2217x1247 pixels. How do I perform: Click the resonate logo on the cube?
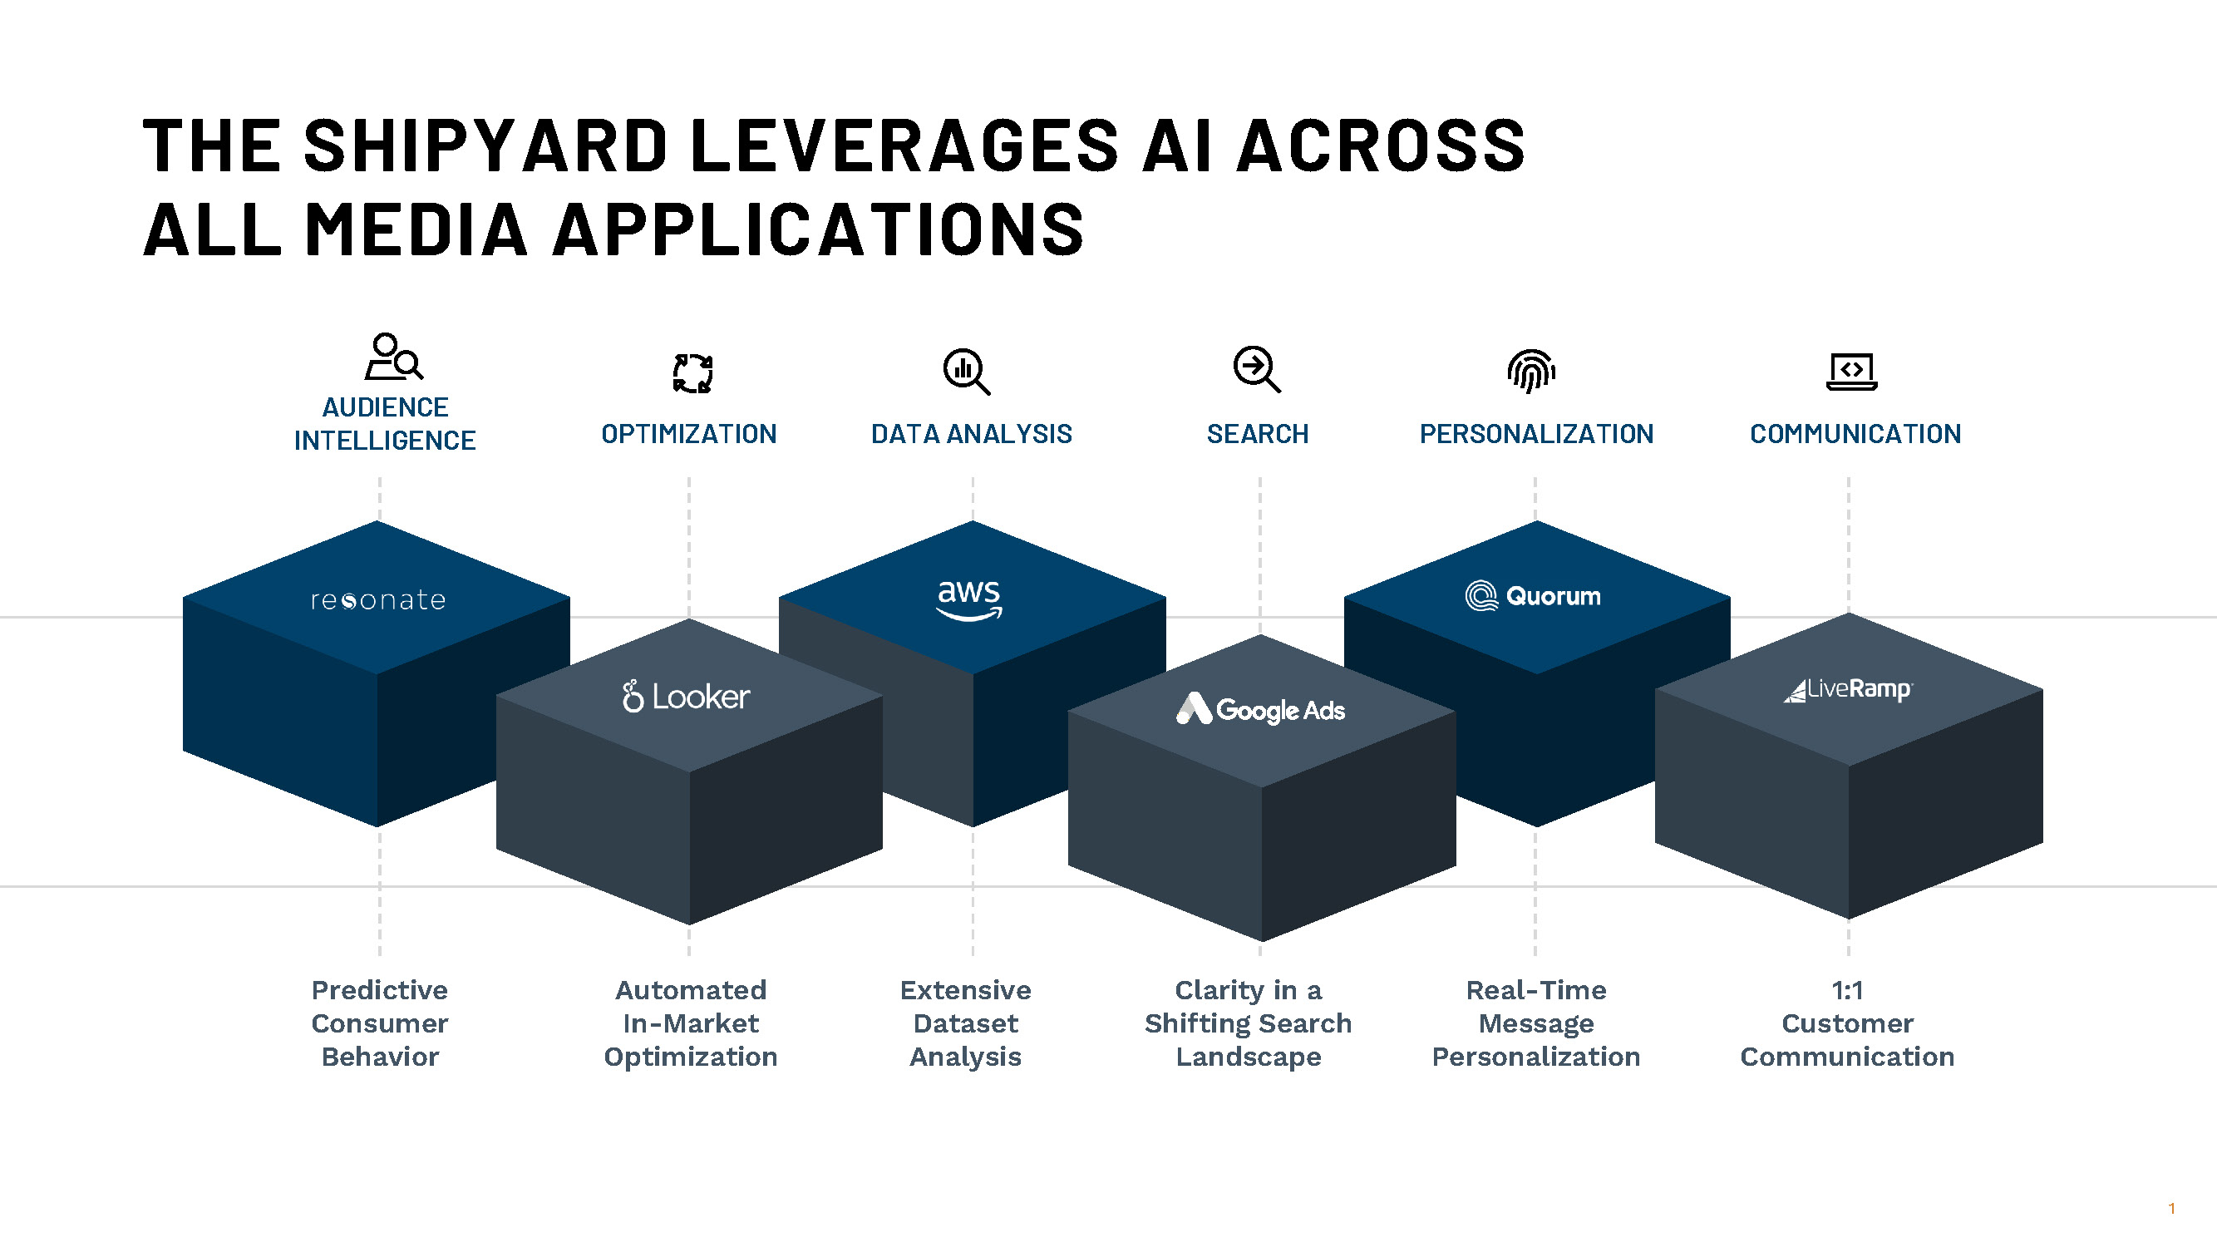click(378, 600)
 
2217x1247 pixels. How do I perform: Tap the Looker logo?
click(686, 696)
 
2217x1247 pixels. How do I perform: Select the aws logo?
click(970, 598)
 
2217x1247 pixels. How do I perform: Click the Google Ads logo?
click(1260, 709)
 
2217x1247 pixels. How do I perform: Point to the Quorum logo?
click(1533, 595)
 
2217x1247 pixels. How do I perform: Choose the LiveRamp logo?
click(1848, 689)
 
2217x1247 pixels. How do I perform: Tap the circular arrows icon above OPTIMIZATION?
click(692, 373)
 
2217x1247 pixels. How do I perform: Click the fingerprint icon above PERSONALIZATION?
click(1531, 371)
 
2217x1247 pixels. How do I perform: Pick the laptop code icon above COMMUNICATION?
click(1851, 372)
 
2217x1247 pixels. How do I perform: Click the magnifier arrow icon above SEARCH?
click(1257, 370)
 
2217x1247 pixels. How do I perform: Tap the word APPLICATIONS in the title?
click(818, 229)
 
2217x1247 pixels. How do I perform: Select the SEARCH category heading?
click(1258, 434)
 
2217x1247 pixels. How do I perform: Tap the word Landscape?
click(1248, 1056)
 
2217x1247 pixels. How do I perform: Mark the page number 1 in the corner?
click(2171, 1208)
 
